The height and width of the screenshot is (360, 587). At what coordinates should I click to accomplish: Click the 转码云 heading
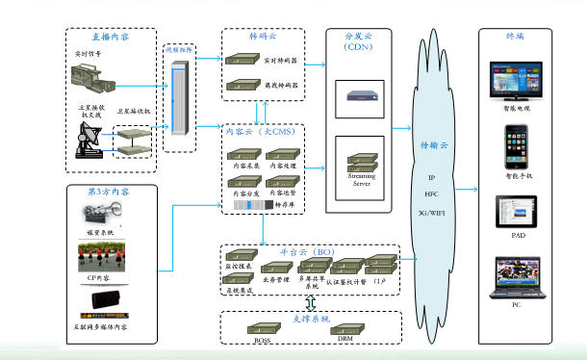coord(263,36)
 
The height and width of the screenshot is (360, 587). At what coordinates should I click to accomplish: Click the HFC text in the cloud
coord(430,193)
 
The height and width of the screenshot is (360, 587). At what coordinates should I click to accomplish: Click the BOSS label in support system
coord(262,340)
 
